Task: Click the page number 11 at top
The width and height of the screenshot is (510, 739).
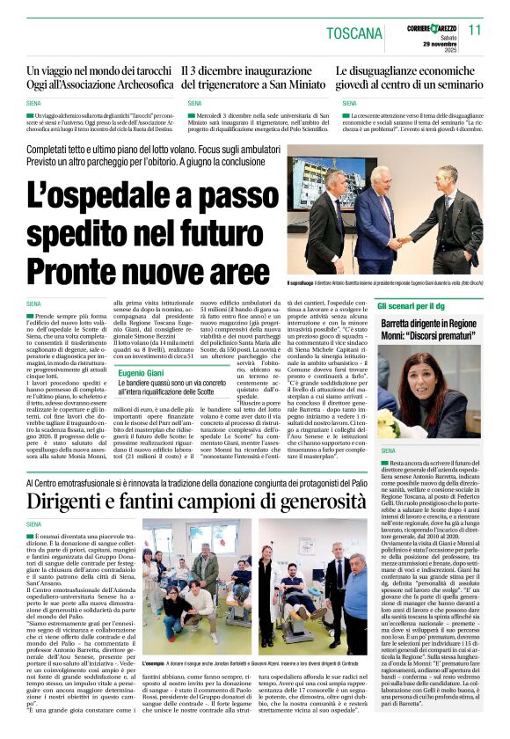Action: coord(475,30)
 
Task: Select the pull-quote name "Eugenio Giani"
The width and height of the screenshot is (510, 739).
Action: coord(143,373)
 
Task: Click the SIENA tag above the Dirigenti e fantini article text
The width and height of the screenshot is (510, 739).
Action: coord(34,524)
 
